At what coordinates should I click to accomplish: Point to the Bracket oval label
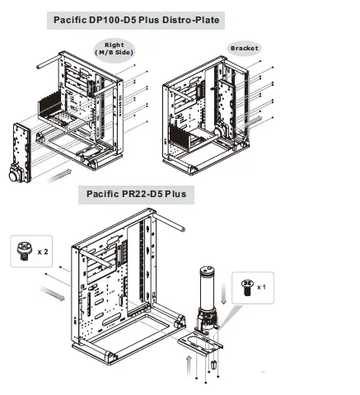click(x=244, y=48)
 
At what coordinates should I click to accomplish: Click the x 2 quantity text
click(x=42, y=248)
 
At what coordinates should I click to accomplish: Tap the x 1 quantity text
click(x=260, y=287)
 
